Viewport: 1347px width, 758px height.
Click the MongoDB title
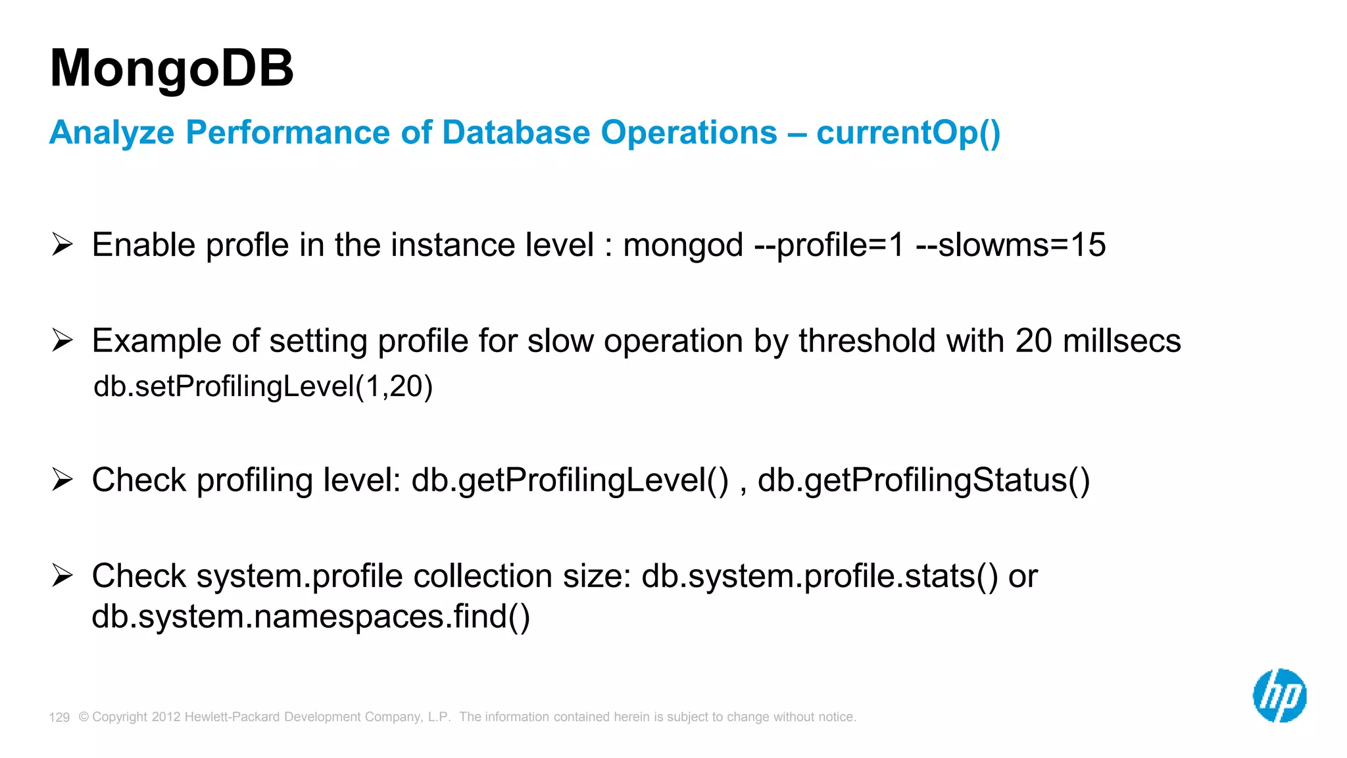pyautogui.click(x=172, y=68)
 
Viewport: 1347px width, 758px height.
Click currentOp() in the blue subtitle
pyautogui.click(x=908, y=132)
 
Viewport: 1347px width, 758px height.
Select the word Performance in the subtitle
pyautogui.click(x=289, y=132)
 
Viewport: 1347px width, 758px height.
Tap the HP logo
pyautogui.click(x=1279, y=695)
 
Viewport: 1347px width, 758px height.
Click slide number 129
pyautogui.click(x=59, y=717)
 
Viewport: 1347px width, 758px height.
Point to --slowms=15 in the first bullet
pyautogui.click(x=1010, y=245)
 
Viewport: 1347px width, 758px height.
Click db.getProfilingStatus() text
pyautogui.click(x=923, y=480)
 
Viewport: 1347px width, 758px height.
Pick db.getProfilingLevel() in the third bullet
pyautogui.click(x=570, y=480)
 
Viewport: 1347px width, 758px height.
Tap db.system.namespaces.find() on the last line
pyautogui.click(x=310, y=617)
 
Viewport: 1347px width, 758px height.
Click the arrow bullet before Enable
pyautogui.click(x=62, y=244)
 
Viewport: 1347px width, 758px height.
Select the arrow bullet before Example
pyautogui.click(x=62, y=340)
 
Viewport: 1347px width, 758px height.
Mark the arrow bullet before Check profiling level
pyautogui.click(x=62, y=479)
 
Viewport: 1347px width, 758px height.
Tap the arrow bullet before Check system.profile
pyautogui.click(x=62, y=575)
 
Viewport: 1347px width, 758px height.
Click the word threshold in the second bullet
pyautogui.click(x=866, y=341)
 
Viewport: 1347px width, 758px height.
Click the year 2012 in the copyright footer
pyautogui.click(x=166, y=717)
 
